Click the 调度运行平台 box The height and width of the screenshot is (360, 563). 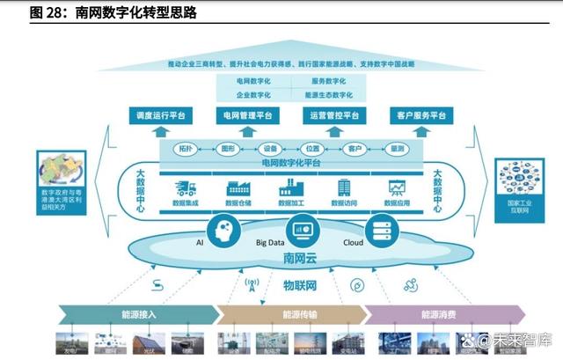click(158, 115)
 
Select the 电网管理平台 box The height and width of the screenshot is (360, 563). click(245, 115)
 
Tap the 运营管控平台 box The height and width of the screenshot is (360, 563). click(333, 115)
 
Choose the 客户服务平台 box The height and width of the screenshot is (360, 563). click(420, 115)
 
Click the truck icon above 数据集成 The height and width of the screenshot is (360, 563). click(185, 187)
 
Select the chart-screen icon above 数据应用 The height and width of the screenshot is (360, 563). click(396, 187)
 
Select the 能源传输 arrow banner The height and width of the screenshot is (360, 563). click(294, 314)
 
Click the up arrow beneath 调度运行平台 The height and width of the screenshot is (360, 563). click(158, 130)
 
